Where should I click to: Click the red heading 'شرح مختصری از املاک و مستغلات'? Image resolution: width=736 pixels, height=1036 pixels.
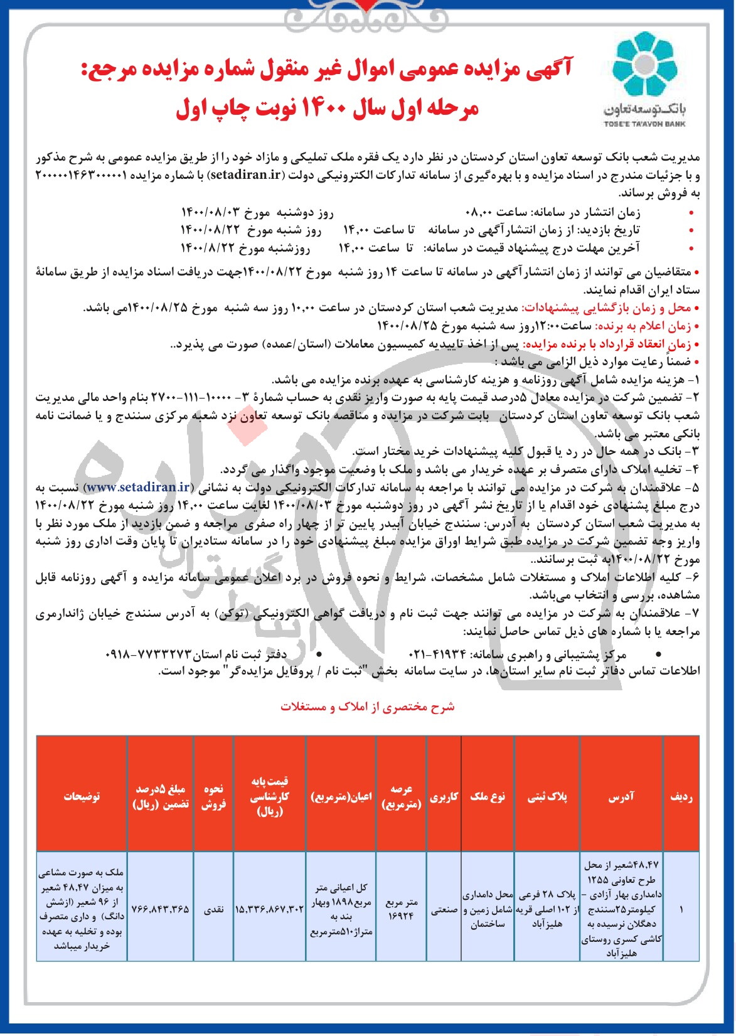(367, 707)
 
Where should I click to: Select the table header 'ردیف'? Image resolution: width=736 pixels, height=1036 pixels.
(681, 796)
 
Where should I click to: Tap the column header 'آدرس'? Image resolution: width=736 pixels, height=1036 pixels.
(621, 796)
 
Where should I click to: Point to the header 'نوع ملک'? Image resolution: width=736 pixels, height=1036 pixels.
(488, 796)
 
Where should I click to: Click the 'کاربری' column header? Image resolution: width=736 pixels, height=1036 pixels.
(444, 796)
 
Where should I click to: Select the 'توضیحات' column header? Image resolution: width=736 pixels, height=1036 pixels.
(82, 796)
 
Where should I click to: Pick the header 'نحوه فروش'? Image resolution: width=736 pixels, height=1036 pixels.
(213, 796)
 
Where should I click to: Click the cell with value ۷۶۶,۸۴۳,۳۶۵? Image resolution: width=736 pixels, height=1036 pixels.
(160, 909)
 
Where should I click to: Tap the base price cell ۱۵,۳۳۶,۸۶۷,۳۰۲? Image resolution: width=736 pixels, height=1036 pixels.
(269, 909)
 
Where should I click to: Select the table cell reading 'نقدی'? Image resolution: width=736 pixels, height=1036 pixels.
(213, 909)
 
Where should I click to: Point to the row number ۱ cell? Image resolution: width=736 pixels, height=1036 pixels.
(681, 909)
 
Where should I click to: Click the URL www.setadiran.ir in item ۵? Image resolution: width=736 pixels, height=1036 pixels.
(138, 487)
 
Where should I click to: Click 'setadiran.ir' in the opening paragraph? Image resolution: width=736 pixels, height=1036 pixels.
(247, 174)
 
